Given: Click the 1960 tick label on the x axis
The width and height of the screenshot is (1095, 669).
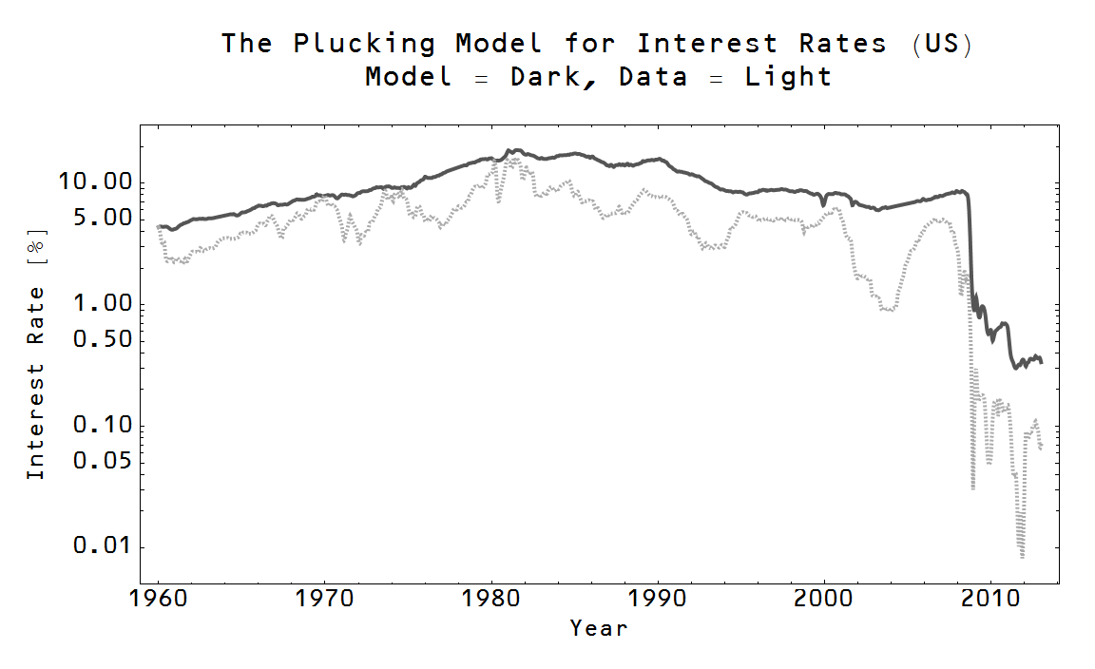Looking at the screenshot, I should (158, 602).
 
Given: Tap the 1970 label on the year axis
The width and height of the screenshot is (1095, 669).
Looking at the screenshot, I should (325, 602).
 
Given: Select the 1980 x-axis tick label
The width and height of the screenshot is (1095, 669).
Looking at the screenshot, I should (491, 602).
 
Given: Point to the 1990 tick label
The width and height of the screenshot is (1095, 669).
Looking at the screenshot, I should (658, 602).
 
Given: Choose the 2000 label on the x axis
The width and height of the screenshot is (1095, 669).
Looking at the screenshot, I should (824, 602).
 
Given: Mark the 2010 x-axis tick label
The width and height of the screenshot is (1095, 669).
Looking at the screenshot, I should (990, 602).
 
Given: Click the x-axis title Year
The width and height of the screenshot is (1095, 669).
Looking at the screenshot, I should (599, 628).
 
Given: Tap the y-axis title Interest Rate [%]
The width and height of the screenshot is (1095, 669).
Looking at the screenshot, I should (36, 358).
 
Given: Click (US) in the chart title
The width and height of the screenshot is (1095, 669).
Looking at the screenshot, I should (941, 44).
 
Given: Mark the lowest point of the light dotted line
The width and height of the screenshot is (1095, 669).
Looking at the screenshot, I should (1022, 557).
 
